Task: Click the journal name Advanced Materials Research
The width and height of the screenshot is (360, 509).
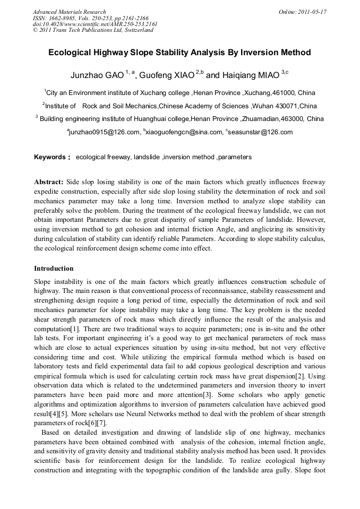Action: pyautogui.click(x=69, y=12)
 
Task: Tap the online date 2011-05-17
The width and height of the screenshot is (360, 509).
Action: pyautogui.click(x=310, y=12)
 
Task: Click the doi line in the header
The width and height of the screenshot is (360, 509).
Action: pyautogui.click(x=95, y=24)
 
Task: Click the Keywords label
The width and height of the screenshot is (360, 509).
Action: pyautogui.click(x=52, y=157)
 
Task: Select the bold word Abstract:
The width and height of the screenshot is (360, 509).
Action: pyautogui.click(x=49, y=182)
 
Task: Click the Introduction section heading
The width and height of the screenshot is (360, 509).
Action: pyautogui.click(x=54, y=269)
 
